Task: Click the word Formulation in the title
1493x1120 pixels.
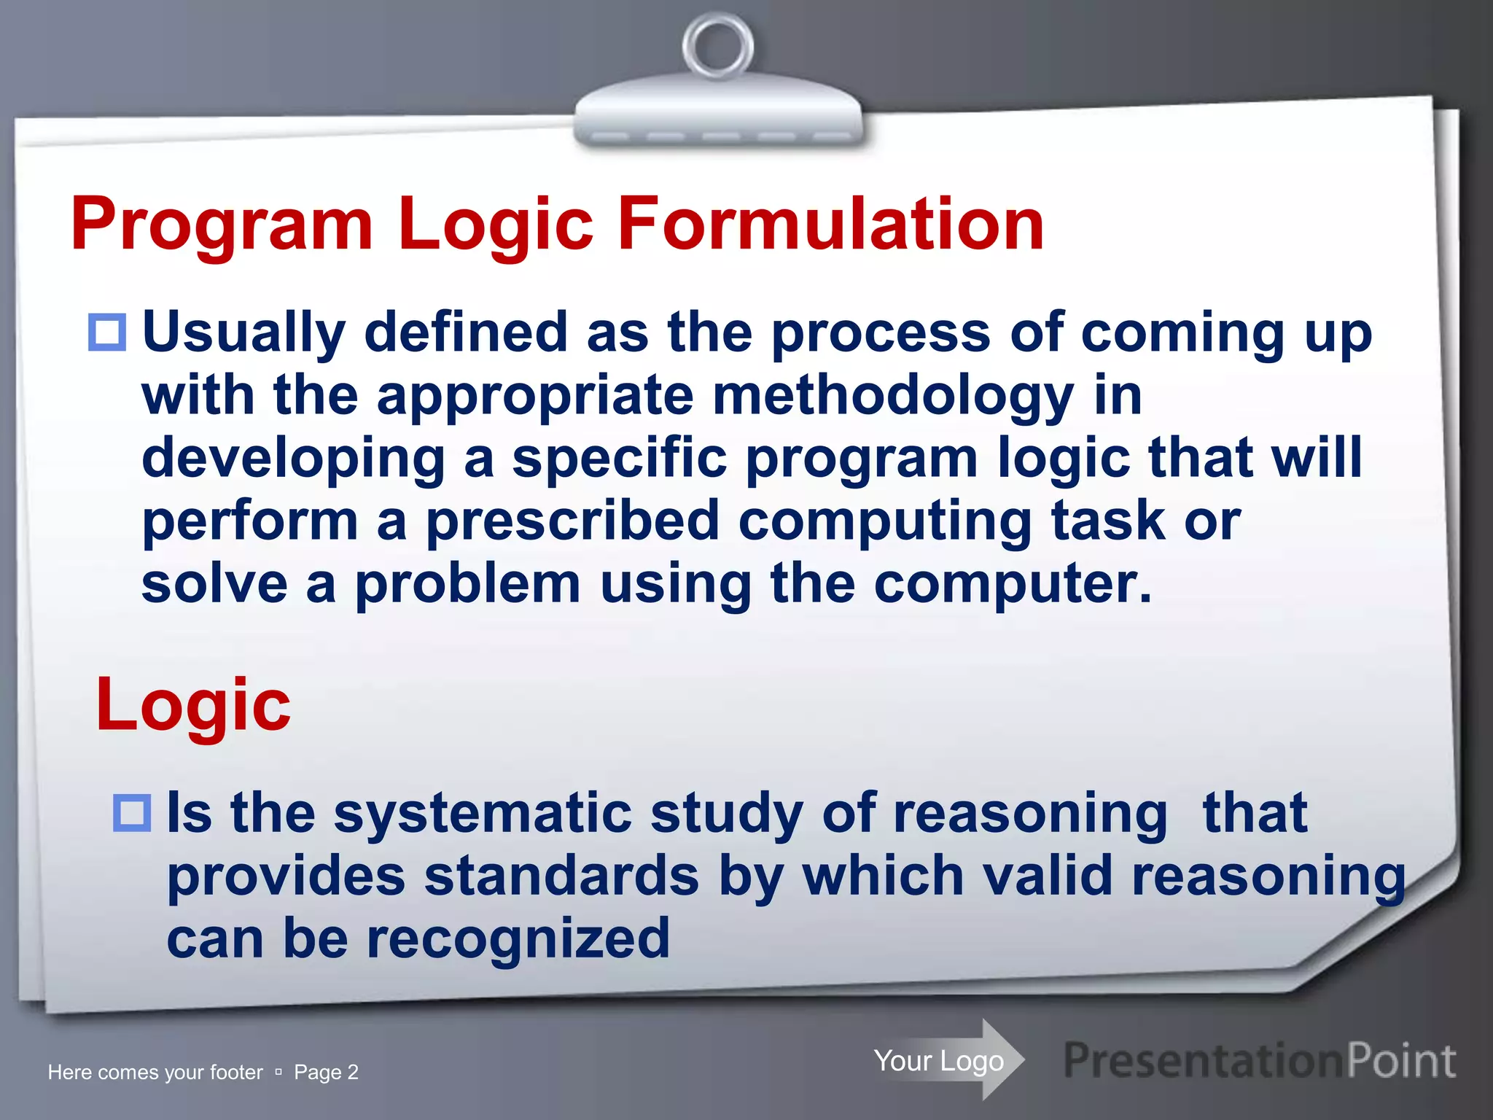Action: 831,224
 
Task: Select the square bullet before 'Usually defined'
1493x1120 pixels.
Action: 107,332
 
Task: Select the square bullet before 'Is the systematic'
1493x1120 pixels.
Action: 132,813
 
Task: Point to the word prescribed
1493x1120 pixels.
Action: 573,521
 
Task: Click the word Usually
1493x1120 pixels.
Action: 243,332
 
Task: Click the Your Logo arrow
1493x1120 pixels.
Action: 948,1060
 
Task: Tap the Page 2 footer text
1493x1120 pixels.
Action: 326,1072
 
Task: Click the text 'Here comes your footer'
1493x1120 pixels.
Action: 155,1072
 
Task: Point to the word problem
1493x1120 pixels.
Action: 467,585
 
